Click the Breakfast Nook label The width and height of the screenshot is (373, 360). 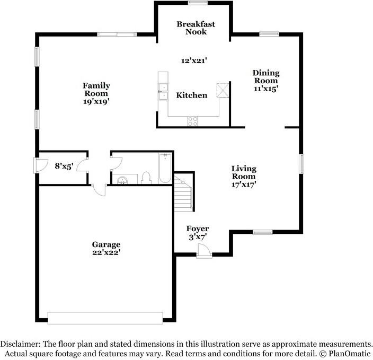(x=196, y=28)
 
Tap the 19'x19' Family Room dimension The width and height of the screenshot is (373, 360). (x=96, y=101)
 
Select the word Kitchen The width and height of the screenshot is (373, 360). (x=191, y=95)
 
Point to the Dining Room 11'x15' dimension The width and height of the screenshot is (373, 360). (x=266, y=89)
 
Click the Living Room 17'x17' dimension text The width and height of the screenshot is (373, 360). (x=244, y=185)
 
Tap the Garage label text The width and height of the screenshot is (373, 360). (x=106, y=244)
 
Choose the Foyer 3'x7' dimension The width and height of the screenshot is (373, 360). (x=198, y=237)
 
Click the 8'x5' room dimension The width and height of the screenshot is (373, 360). (x=64, y=166)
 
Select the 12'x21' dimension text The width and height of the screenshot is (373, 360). (x=194, y=61)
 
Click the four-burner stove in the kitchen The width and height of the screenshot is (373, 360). (x=192, y=121)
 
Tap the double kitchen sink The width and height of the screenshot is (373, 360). (x=163, y=91)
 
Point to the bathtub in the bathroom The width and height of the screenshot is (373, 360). (x=165, y=168)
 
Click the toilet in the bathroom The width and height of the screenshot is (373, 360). (x=146, y=178)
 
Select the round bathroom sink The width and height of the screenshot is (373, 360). (x=122, y=180)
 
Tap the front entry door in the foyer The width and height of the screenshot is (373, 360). (x=204, y=251)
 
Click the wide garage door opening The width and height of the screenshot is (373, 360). (x=105, y=318)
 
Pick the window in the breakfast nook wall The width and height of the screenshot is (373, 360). (x=198, y=3)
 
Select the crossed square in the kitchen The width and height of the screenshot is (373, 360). (x=223, y=90)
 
